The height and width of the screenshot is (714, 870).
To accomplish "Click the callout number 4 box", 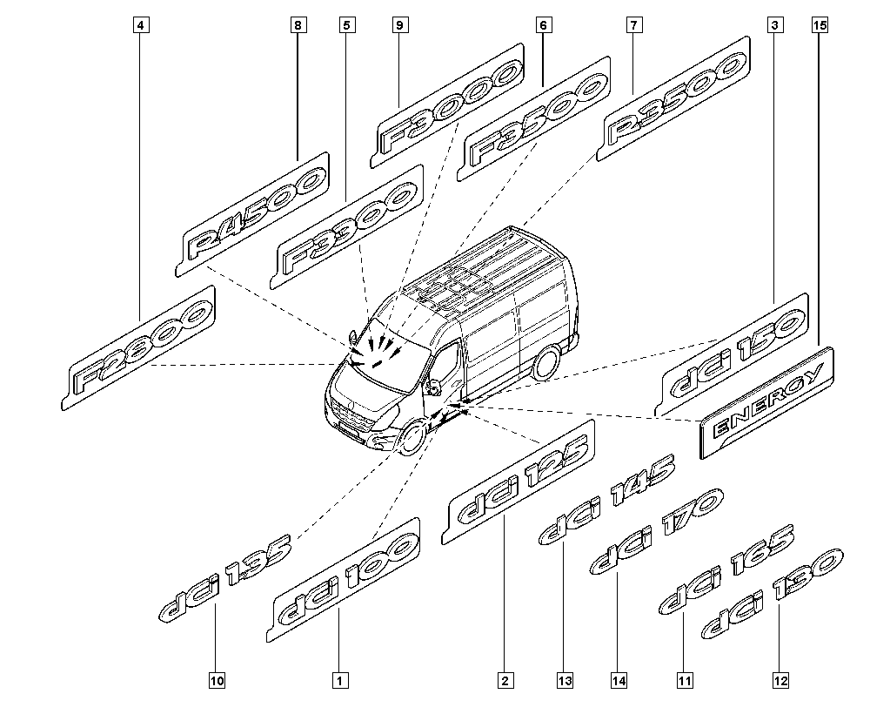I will coord(140,26).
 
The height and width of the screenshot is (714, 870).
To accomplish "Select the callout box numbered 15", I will coord(818,26).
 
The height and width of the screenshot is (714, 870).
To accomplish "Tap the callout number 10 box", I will coord(217,679).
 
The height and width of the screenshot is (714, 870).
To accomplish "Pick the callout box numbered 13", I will coord(566,679).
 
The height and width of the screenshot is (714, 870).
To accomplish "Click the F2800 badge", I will coord(143,347).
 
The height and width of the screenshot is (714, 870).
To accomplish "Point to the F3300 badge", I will coord(347,226).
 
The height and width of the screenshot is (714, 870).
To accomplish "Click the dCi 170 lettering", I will coord(654,533).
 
